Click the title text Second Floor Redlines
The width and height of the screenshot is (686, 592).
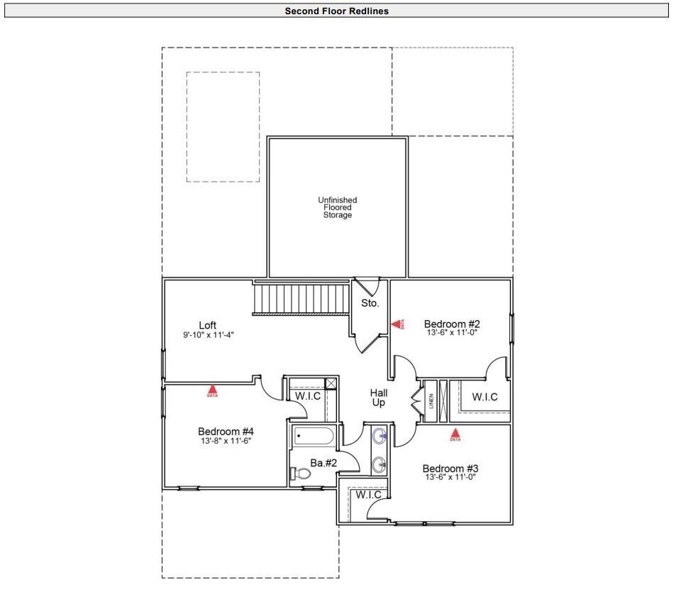(336, 11)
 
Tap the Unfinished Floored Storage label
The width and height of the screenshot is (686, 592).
(337, 208)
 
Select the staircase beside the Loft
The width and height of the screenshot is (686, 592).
(302, 298)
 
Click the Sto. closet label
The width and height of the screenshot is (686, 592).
(370, 303)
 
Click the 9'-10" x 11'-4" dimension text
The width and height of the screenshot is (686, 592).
(208, 334)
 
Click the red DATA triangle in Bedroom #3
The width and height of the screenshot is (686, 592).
(455, 432)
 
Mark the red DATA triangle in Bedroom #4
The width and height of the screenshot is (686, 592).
(212, 389)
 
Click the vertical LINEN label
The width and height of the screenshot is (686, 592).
(431, 401)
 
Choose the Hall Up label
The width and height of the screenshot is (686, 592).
(378, 398)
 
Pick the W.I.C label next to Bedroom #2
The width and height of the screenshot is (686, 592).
(485, 397)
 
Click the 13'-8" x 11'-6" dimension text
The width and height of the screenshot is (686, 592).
(226, 441)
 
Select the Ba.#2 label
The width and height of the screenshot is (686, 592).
(323, 463)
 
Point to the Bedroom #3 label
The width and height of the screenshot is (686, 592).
(450, 468)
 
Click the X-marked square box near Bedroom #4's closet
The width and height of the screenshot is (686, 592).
(330, 383)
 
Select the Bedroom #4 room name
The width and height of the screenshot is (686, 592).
(226, 431)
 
